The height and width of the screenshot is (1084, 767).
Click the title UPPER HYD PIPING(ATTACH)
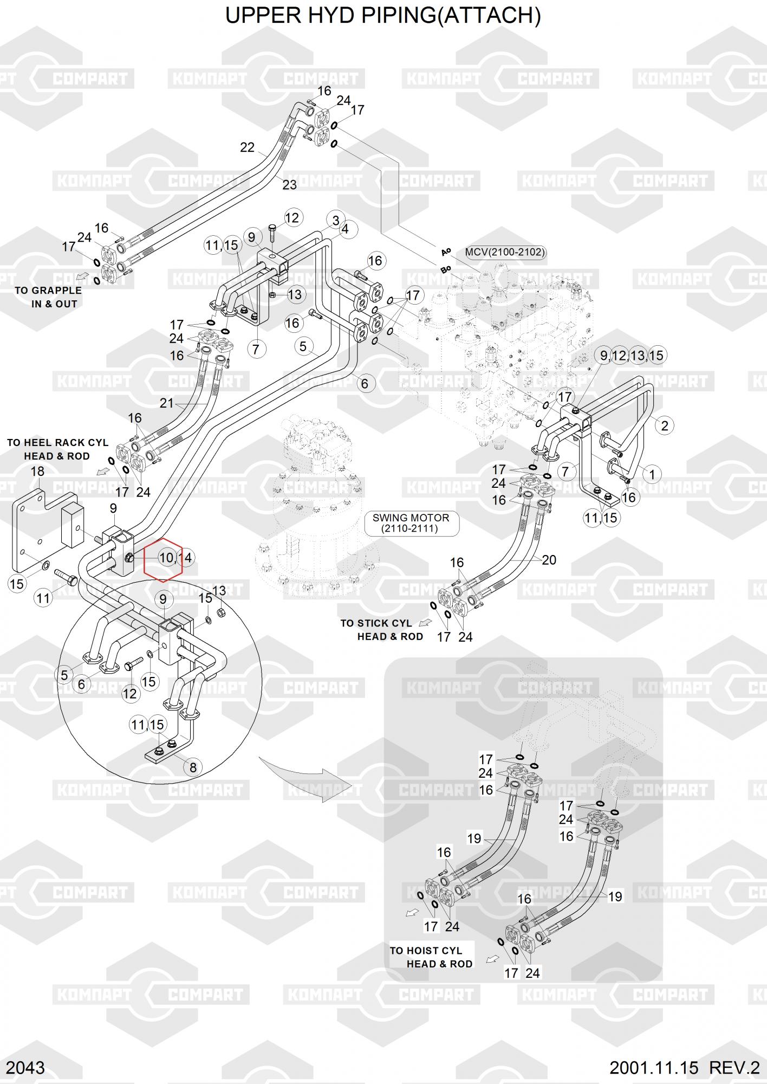point(383,16)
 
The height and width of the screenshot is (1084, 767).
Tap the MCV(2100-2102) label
point(505,252)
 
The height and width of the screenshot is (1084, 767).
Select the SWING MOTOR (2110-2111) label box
point(410,522)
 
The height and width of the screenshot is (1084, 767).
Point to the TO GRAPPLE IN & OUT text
point(49,297)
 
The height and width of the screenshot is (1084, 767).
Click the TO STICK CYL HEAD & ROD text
point(381,630)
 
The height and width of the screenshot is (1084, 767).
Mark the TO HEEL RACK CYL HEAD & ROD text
point(57,449)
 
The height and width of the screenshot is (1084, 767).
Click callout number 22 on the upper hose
point(247,147)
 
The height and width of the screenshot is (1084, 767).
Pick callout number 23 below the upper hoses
point(289,185)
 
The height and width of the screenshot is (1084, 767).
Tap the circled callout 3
point(336,221)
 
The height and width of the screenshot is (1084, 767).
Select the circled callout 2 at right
point(665,425)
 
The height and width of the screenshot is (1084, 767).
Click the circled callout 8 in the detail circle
point(192,767)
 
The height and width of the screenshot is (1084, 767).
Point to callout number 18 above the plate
point(37,472)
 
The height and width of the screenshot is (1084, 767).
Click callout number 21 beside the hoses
point(166,403)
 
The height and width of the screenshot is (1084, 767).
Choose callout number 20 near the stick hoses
point(549,560)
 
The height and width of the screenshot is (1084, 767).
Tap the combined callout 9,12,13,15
point(632,356)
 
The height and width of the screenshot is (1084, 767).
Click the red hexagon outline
point(162,560)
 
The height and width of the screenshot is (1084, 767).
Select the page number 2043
point(25,1068)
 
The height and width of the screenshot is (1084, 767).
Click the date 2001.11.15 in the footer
point(654,1068)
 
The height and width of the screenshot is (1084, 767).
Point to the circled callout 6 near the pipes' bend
point(365,384)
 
